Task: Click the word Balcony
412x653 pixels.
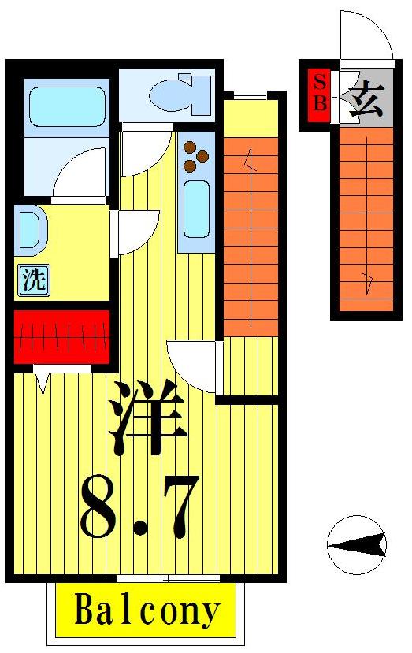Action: click(x=147, y=611)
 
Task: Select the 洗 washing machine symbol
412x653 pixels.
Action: click(x=33, y=281)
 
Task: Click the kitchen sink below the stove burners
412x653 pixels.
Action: click(x=195, y=210)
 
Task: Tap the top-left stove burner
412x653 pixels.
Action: click(x=190, y=145)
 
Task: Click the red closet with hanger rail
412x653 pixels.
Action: click(x=62, y=337)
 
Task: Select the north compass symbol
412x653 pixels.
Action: click(x=356, y=544)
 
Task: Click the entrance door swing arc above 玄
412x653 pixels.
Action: click(x=364, y=35)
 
